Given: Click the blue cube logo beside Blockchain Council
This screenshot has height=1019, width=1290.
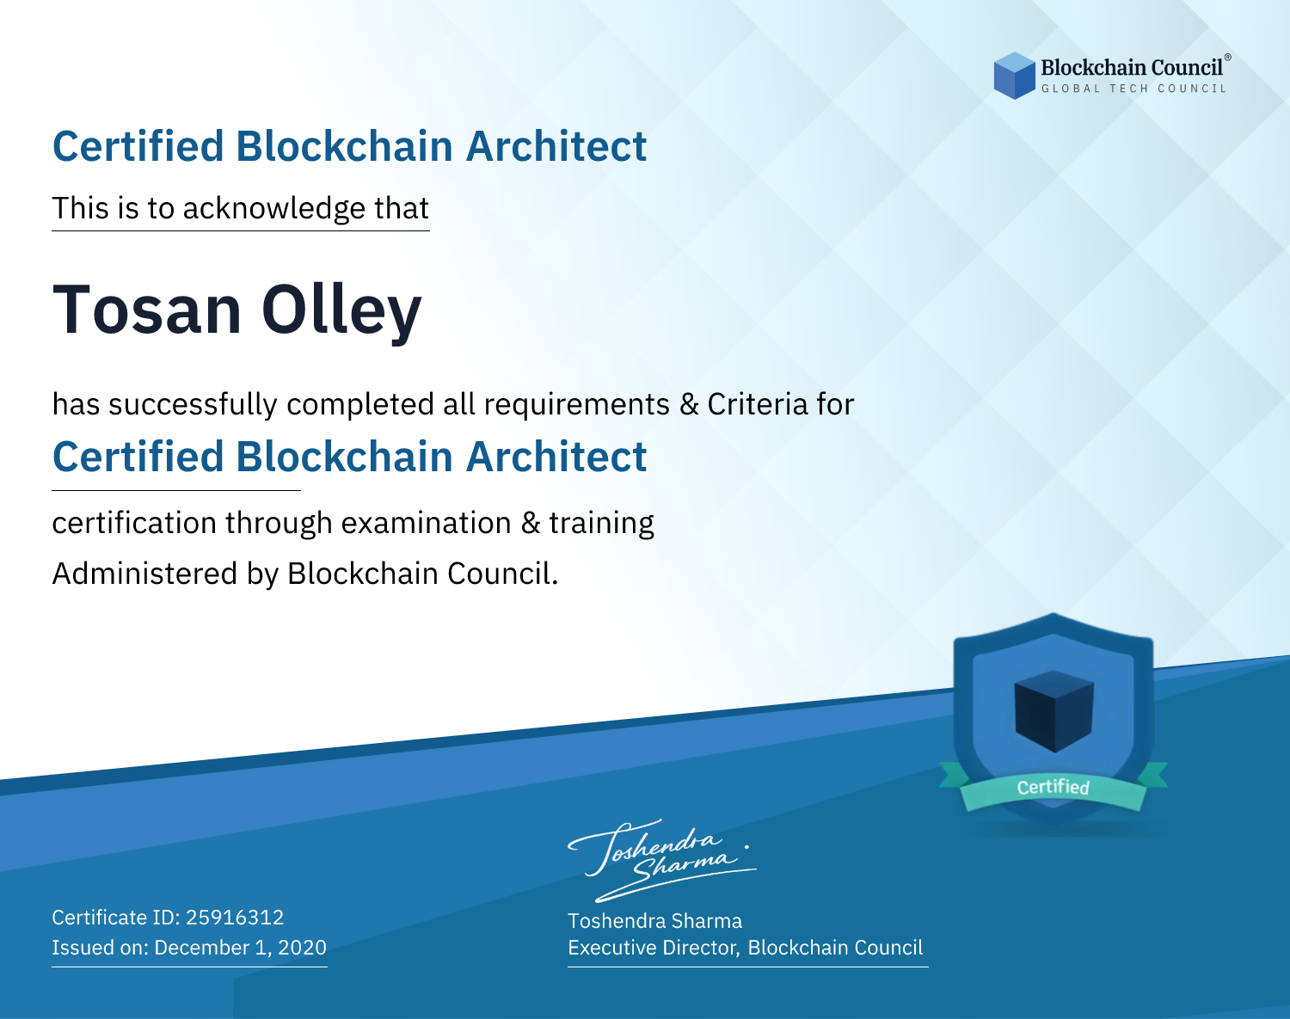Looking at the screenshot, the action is [1014, 76].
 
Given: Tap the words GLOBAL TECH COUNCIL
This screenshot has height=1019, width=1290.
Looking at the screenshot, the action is [1134, 89].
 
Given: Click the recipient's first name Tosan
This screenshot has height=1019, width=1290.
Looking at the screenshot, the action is [147, 310].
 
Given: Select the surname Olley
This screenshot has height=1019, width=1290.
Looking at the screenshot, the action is [341, 312].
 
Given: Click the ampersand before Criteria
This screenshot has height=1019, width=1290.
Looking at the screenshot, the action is [689, 404].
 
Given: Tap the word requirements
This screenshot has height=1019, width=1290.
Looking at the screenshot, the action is [577, 405].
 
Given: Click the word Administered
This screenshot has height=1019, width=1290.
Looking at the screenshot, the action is [144, 573].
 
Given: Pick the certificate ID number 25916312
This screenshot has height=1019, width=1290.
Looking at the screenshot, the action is [235, 917].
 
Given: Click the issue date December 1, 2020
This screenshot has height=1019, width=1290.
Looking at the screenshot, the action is [241, 948].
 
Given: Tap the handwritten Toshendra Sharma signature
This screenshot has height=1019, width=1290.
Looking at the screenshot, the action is [662, 860].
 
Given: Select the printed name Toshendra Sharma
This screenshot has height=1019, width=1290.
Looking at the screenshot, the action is [654, 921].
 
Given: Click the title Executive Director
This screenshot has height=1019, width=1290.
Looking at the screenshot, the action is [653, 948].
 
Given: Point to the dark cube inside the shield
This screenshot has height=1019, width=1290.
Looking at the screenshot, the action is [1053, 711].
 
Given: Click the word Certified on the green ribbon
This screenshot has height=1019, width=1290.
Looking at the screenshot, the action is [1053, 787].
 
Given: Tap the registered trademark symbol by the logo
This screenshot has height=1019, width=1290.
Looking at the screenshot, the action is [1228, 58].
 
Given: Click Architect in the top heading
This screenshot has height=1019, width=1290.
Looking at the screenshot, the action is [556, 146].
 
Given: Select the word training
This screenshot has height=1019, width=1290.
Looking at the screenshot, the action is [602, 524].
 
